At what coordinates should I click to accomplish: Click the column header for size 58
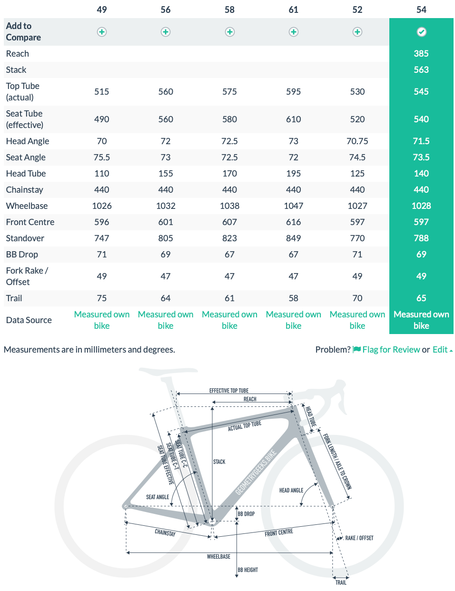pos(229,10)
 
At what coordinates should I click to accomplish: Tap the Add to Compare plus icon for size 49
pos(102,32)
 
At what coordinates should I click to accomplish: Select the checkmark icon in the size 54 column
pos(421,32)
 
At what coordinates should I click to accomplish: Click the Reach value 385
pos(421,54)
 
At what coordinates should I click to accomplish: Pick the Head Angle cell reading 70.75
pos(357,141)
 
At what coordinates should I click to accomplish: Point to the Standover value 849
pos(294,238)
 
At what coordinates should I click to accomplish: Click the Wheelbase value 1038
pos(229,206)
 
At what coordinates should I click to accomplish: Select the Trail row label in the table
pos(14,298)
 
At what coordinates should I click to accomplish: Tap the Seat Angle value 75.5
pos(102,158)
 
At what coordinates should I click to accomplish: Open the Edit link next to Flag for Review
pos(440,350)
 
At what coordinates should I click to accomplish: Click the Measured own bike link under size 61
pos(294,320)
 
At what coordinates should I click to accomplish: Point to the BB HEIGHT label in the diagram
pos(248,570)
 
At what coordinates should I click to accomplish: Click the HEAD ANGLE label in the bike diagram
pos(291,490)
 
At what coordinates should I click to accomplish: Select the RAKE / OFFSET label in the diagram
pos(359,538)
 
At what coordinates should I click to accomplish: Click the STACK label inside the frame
pos(219,462)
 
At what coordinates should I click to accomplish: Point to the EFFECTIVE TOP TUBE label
pos(229,391)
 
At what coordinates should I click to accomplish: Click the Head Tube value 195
pos(294,174)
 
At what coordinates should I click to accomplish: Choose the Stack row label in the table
pos(16,70)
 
